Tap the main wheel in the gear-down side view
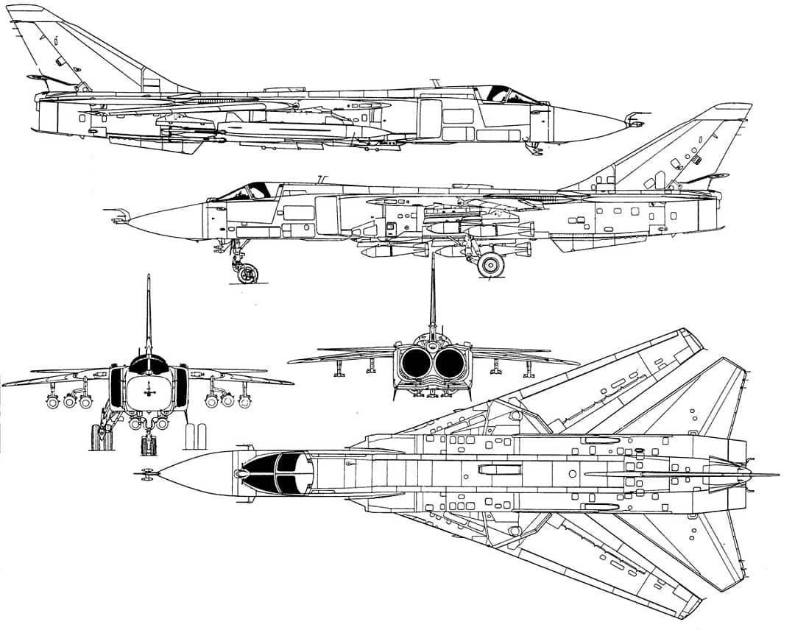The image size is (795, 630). click(x=491, y=264)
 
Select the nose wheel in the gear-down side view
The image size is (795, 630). click(x=246, y=274)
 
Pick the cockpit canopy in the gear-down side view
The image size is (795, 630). click(x=247, y=191)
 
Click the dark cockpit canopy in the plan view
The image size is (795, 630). click(x=276, y=471)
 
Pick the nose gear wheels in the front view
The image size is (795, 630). click(x=149, y=445)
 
